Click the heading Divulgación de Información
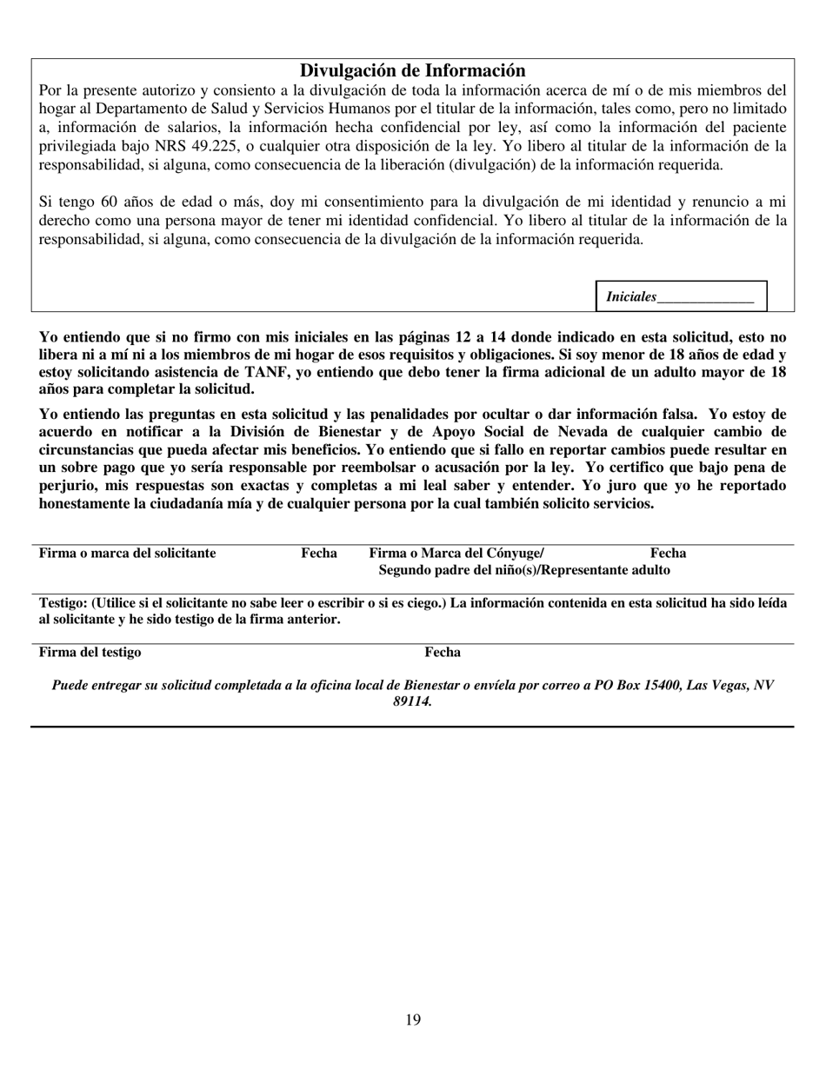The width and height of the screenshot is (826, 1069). pos(412,71)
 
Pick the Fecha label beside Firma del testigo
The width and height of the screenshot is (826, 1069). pos(443,653)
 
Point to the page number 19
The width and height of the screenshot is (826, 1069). pos(413,1019)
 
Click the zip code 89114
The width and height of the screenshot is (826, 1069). pos(412,701)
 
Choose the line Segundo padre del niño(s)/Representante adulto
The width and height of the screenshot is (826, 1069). pos(525,570)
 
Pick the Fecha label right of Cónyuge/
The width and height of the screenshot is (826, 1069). pos(669,553)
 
